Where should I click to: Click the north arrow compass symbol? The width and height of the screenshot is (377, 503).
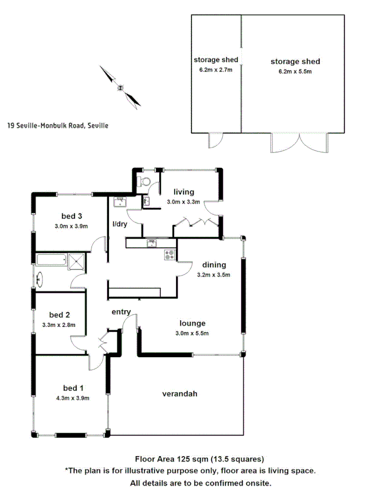click(120, 87)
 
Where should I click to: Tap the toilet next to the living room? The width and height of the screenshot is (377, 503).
click(145, 180)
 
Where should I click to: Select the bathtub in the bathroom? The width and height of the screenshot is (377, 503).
click(51, 259)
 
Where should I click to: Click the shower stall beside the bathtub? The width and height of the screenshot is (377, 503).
click(75, 259)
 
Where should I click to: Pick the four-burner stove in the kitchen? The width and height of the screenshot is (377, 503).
click(170, 255)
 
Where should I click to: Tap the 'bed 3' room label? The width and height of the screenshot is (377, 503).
click(71, 216)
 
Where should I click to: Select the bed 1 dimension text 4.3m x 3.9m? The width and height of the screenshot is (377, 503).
click(69, 398)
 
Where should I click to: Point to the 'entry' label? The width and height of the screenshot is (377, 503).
click(121, 312)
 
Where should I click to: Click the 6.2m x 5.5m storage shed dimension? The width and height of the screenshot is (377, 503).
click(295, 72)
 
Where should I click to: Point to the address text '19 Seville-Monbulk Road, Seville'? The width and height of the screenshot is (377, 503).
click(58, 126)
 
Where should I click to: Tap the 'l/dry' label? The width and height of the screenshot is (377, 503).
click(120, 224)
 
